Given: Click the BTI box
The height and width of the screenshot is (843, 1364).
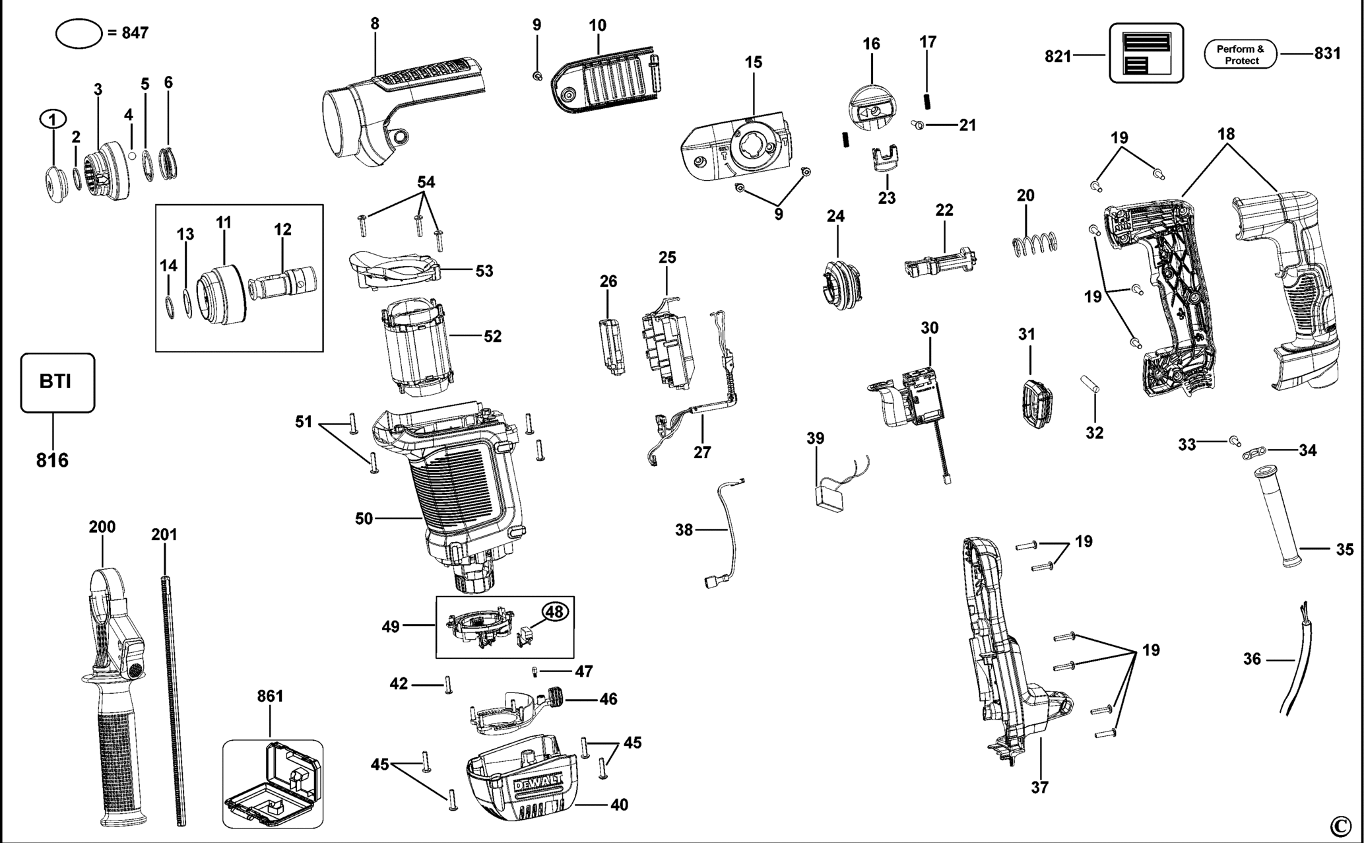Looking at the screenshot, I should point(57,383).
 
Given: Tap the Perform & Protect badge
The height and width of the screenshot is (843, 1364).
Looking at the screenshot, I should point(1241,54).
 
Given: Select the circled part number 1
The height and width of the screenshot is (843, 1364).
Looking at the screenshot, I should point(54,119).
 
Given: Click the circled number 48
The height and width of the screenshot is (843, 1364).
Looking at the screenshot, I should point(554,612).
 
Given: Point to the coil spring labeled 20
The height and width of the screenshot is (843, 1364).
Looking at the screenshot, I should point(1035,244).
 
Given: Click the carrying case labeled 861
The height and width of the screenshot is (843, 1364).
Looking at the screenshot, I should point(273,784).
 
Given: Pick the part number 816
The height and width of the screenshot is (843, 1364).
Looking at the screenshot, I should point(52,460).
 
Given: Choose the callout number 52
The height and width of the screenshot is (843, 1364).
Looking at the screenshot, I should point(492,337).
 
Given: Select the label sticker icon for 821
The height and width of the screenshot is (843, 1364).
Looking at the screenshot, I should point(1146,53).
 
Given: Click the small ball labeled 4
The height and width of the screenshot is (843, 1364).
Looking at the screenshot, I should point(132,156).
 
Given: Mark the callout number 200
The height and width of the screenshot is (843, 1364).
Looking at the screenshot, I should point(102,527).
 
